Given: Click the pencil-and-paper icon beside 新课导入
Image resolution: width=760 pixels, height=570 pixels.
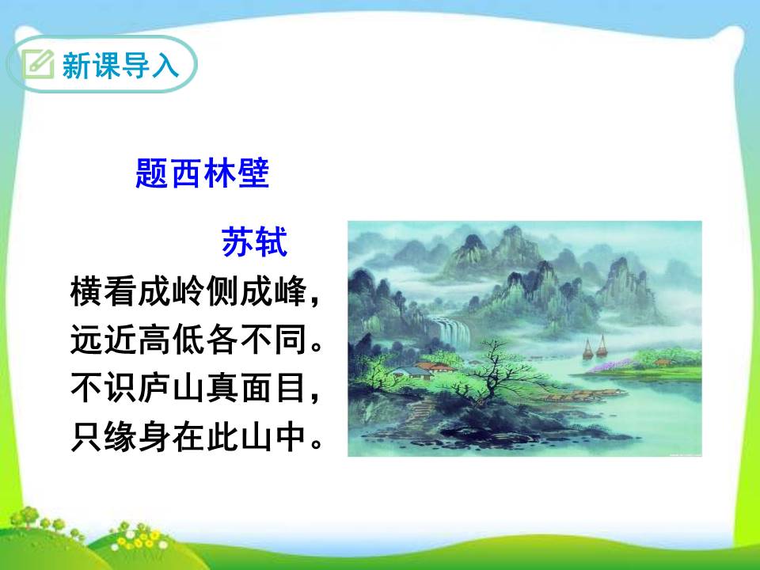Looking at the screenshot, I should coord(37,64).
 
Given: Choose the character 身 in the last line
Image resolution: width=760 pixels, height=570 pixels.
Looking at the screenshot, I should coord(168,438).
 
